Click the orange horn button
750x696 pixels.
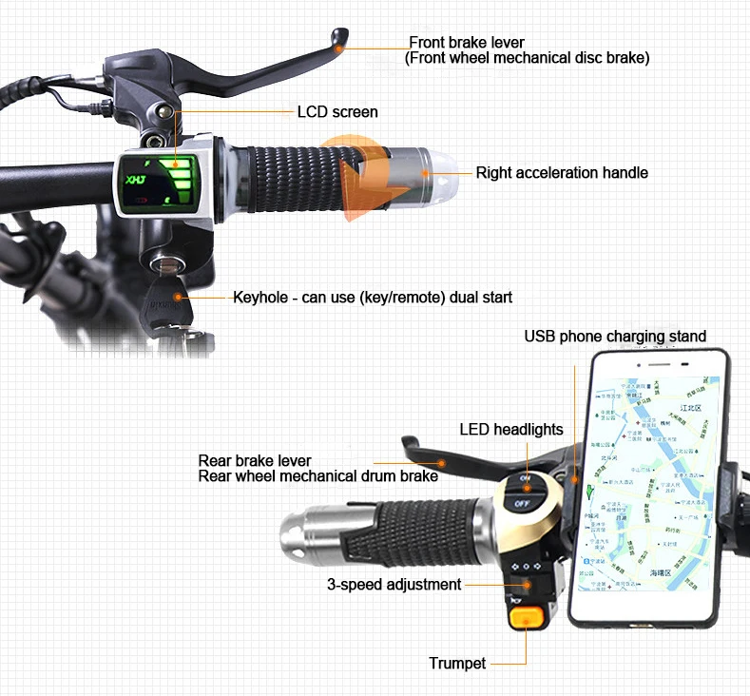click(524, 618)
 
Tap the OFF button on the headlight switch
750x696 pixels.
click(522, 502)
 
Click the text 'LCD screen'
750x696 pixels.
click(337, 112)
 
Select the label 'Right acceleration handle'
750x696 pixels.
click(562, 173)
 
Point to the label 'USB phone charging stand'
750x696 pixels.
click(615, 337)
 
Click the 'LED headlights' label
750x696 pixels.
click(511, 430)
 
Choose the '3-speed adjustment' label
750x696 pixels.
click(394, 584)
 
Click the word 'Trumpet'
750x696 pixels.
click(457, 663)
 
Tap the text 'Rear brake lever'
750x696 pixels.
click(255, 461)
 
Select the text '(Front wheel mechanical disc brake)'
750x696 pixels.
click(528, 58)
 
